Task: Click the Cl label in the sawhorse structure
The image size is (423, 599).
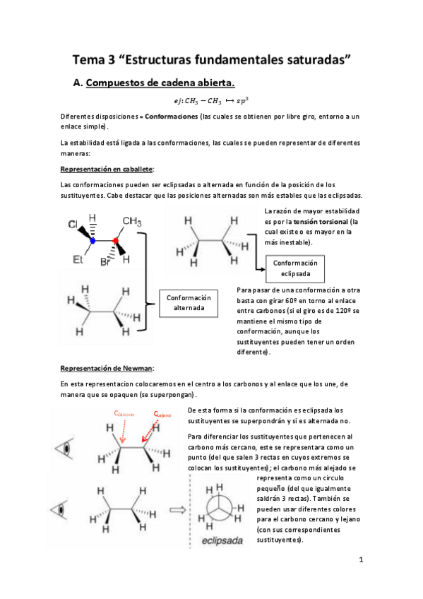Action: click(73, 225)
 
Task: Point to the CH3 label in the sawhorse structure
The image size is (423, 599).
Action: click(131, 221)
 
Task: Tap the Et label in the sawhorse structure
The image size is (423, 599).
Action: click(78, 259)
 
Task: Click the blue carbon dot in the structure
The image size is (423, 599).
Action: click(93, 241)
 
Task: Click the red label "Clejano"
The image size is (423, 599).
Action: click(162, 415)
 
